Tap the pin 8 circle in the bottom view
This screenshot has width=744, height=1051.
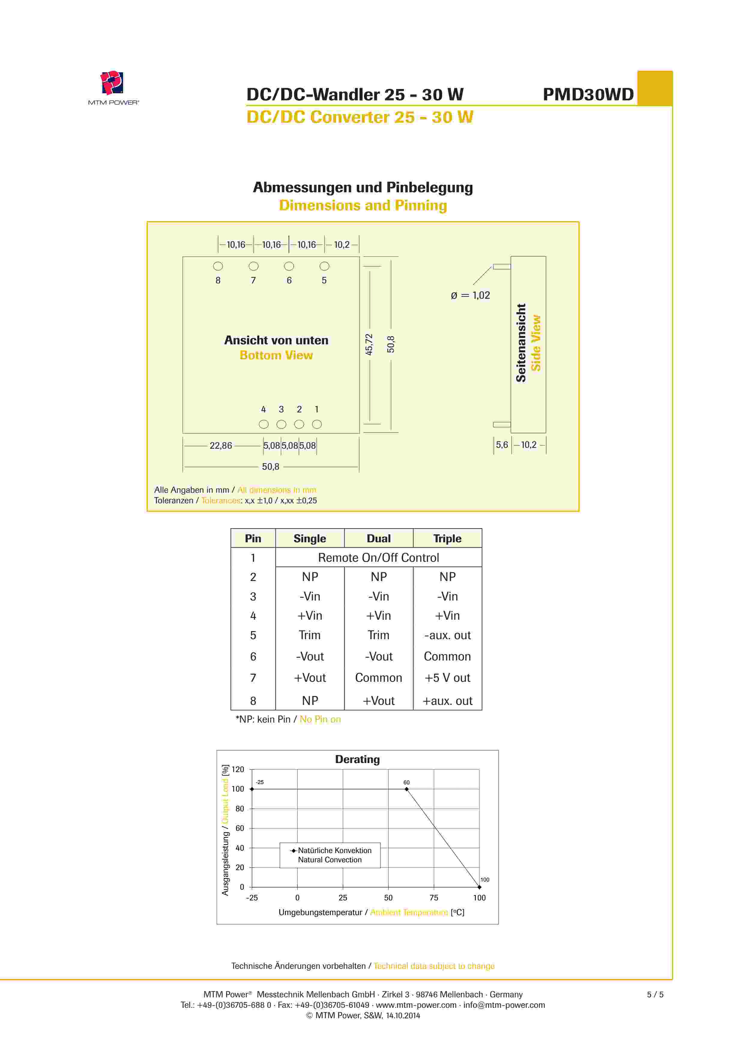pos(218,266)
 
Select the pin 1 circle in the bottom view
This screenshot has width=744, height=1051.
pos(317,424)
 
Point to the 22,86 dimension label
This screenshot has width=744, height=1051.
pos(221,445)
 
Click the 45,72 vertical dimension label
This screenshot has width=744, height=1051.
pos(369,344)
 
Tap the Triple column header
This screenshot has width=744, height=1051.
pos(447,538)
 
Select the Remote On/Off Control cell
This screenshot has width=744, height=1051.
pos(378,558)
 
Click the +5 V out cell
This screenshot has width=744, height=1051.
pos(447,678)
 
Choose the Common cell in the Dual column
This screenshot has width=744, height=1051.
pos(378,678)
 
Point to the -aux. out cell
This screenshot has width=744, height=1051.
pos(447,635)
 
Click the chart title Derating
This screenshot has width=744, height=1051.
pos(357,759)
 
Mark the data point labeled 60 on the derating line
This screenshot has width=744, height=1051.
pos(406,789)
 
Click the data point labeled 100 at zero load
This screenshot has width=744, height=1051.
pos(479,887)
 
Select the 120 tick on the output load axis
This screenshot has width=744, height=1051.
pos(238,769)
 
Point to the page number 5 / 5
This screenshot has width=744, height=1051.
pos(655,994)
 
